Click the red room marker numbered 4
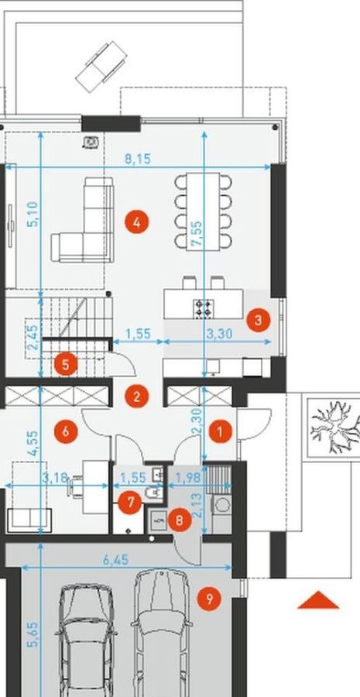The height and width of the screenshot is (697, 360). pos(136,222)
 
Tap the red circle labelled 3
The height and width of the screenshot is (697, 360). pos(259,320)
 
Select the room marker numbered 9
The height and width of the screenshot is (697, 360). pos(208,599)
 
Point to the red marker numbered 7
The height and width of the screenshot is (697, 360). pos(130,503)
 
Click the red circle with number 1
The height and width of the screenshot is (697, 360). pos(220,431)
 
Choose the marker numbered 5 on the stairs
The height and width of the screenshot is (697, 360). pos(65,365)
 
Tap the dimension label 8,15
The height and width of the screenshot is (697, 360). pos(138,159)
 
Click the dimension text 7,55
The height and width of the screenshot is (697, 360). pos(196,233)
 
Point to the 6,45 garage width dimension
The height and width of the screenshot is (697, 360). pos(116,560)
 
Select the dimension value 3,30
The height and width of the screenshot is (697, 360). pos(219,334)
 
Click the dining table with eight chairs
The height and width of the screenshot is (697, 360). pos(203,211)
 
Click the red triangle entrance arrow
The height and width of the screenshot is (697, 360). pos(318,600)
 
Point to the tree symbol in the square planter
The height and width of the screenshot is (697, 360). pos(335,427)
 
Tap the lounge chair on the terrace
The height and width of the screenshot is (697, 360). pos(101,67)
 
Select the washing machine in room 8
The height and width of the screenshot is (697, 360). pos(221,505)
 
